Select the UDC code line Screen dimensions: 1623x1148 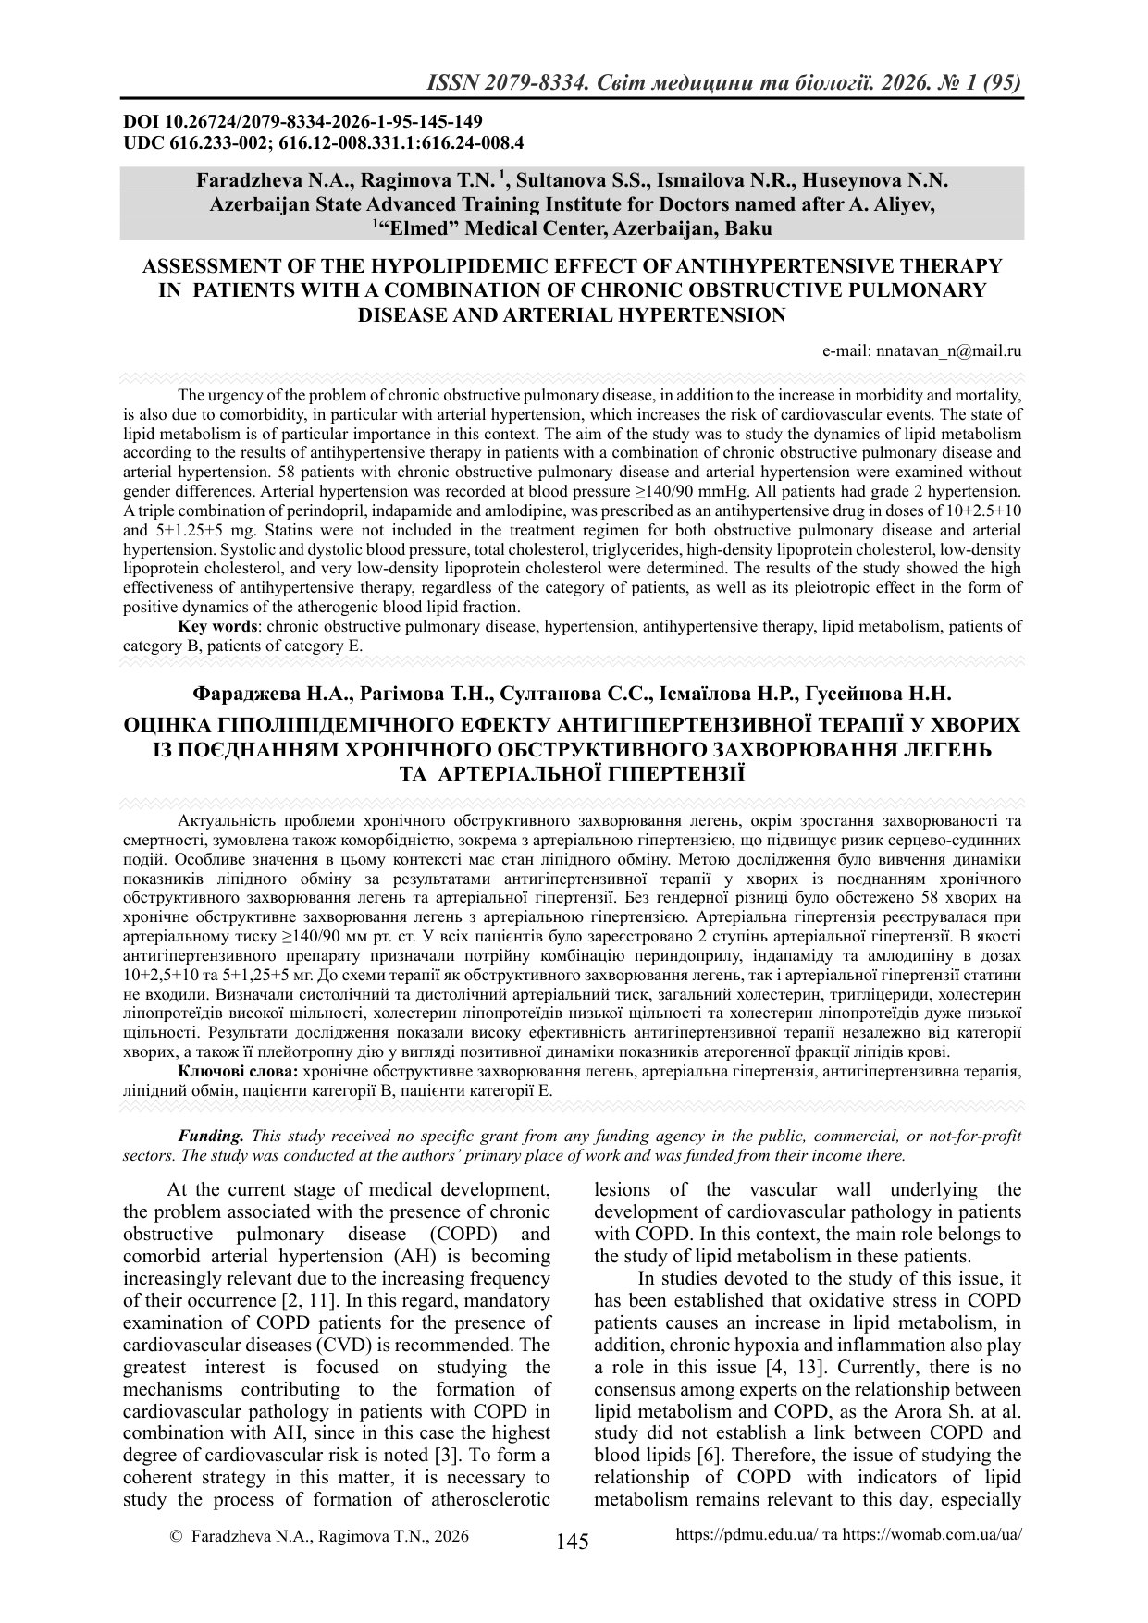pos(324,142)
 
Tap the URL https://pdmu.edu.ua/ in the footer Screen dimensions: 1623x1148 pos(747,1535)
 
